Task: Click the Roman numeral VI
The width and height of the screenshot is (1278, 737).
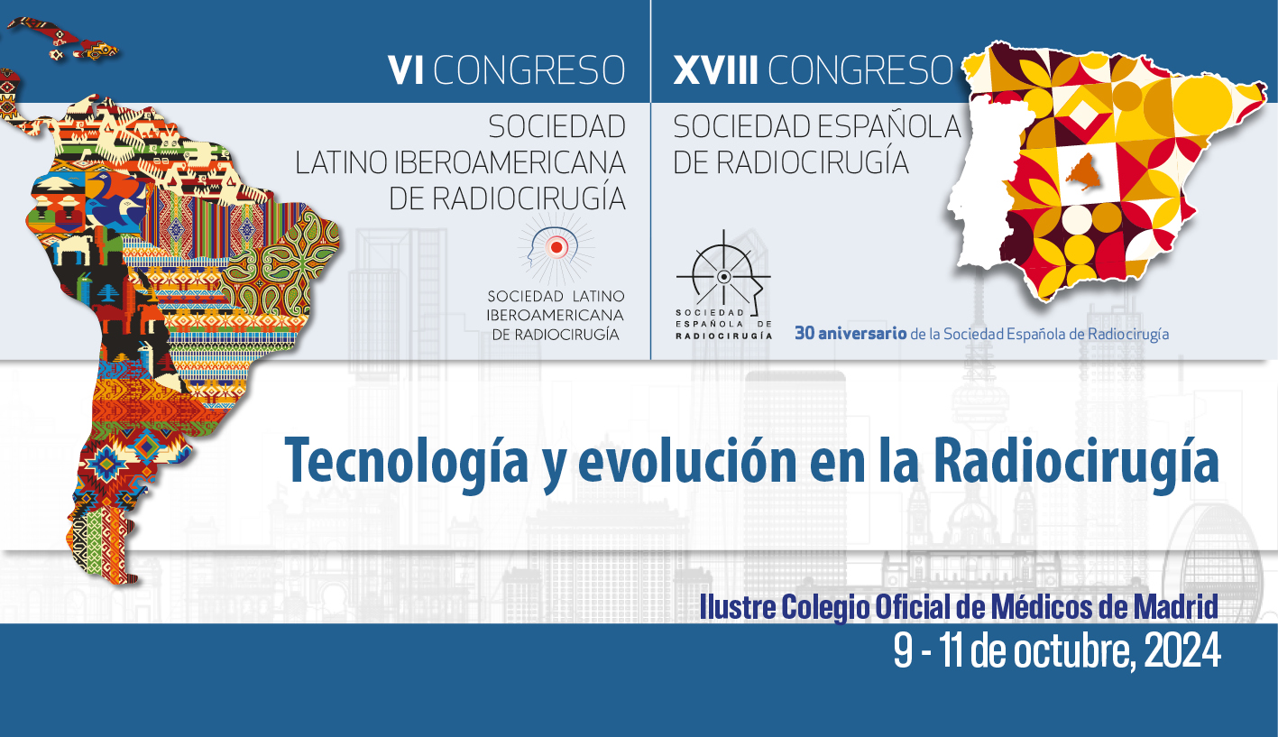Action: (406, 70)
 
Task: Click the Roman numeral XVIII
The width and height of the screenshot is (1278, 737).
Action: (715, 70)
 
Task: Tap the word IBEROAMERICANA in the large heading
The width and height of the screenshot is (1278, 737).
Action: (510, 162)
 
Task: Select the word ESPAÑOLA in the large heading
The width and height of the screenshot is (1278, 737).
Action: (887, 126)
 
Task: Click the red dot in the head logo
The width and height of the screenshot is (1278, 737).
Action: (556, 247)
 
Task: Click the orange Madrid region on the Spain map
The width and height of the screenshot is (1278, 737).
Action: (1084, 171)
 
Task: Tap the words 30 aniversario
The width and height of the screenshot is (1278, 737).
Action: (850, 333)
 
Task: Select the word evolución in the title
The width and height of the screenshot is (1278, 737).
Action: (687, 460)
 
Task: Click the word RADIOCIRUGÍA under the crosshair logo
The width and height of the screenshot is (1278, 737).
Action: (724, 336)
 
